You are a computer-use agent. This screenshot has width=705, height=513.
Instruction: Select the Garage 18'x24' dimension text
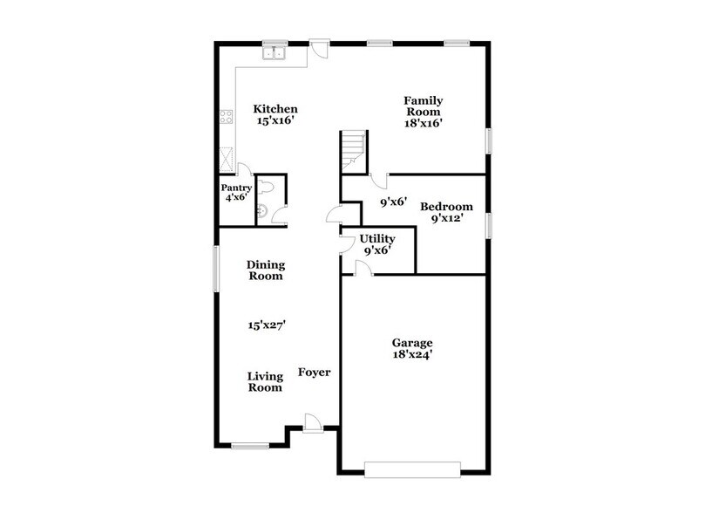(x=412, y=355)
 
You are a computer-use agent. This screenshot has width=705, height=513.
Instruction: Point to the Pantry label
(x=235, y=188)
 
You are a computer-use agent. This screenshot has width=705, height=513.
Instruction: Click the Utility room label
(x=376, y=238)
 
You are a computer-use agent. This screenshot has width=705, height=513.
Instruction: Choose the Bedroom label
(x=446, y=207)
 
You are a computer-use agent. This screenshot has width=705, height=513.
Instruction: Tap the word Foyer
(x=315, y=372)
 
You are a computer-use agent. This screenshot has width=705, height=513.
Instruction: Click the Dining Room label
(x=265, y=270)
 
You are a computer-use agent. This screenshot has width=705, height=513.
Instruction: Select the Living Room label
(x=265, y=381)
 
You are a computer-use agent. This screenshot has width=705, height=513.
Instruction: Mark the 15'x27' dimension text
(x=268, y=324)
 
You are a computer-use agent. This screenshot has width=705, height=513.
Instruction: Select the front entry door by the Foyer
(x=314, y=423)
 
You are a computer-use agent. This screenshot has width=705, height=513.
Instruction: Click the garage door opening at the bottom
(x=412, y=469)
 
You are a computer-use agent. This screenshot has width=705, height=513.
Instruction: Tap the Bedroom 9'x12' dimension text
(x=446, y=219)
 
